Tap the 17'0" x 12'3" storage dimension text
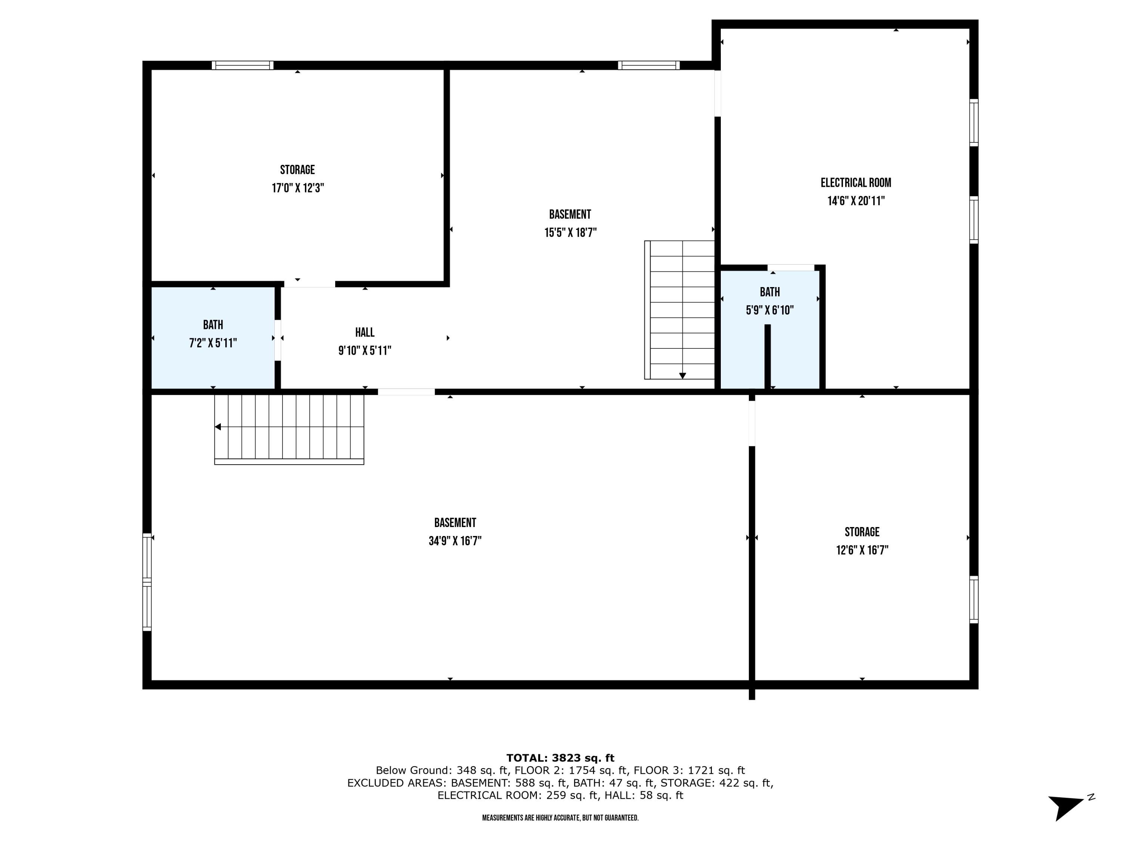(x=297, y=188)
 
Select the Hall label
(x=364, y=333)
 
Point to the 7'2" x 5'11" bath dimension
(x=213, y=343)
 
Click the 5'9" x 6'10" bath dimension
(x=769, y=310)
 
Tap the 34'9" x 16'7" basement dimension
(x=455, y=541)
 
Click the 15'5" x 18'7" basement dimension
(x=570, y=233)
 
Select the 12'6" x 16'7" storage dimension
(x=862, y=550)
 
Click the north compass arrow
(x=1064, y=806)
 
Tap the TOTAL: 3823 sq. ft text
(x=560, y=758)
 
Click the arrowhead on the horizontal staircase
(x=218, y=427)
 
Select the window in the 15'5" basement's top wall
(x=648, y=65)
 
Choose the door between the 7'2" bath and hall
(x=278, y=340)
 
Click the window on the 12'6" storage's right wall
(x=973, y=599)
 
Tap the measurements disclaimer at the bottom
(x=560, y=818)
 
